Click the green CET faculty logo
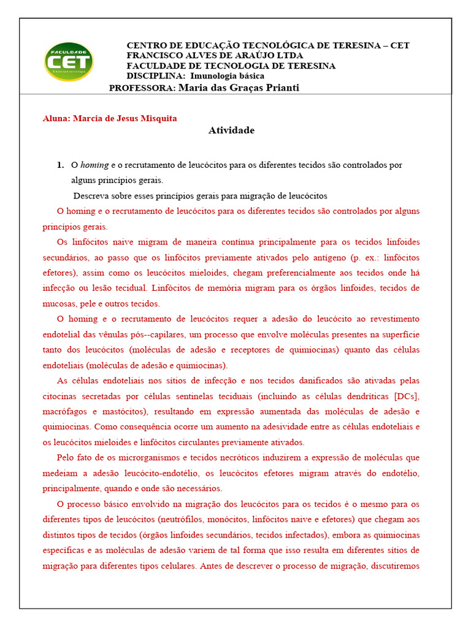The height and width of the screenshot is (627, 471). (x=68, y=61)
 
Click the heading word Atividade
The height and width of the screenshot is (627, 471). (x=231, y=130)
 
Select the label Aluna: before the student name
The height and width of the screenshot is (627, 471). (x=56, y=118)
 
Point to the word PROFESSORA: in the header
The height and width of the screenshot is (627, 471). (x=142, y=88)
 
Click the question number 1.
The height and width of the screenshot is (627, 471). (x=60, y=165)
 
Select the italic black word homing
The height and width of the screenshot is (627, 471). (x=94, y=165)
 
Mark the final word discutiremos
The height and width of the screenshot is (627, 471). (x=394, y=566)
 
